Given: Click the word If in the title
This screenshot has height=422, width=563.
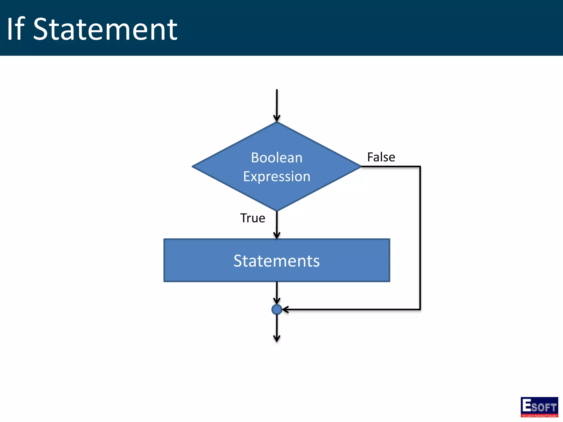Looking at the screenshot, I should pyautogui.click(x=16, y=29).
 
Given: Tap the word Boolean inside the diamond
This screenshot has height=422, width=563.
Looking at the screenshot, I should pyautogui.click(x=277, y=158).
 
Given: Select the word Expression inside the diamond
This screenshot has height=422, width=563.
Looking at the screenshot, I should pyautogui.click(x=277, y=176).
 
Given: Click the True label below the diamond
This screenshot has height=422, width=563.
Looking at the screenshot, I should pyautogui.click(x=253, y=218).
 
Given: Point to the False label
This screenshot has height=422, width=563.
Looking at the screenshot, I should pyautogui.click(x=381, y=157).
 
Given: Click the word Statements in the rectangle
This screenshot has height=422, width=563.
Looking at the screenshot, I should pyautogui.click(x=277, y=261).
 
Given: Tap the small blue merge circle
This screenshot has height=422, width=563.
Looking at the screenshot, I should pyautogui.click(x=277, y=309).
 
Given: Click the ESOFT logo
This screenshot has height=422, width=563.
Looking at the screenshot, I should pyautogui.click(x=539, y=407).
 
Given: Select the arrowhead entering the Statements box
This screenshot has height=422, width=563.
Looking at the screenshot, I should pyautogui.click(x=277, y=235).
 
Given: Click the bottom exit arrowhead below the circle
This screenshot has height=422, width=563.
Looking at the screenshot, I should pyautogui.click(x=277, y=338).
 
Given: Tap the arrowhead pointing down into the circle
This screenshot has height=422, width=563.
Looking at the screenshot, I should pyautogui.click(x=277, y=301).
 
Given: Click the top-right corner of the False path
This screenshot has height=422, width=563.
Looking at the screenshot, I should pyautogui.click(x=420, y=166).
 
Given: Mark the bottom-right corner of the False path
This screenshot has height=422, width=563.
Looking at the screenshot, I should pyautogui.click(x=420, y=309).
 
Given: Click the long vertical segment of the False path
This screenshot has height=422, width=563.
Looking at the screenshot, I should pyautogui.click(x=420, y=238).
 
